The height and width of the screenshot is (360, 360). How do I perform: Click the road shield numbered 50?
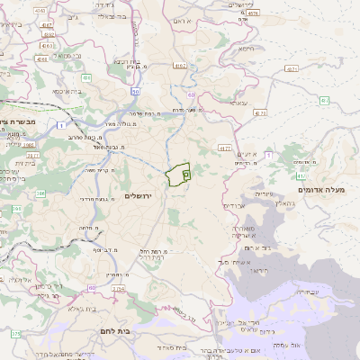(135, 92)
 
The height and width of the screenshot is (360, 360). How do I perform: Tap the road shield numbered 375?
(15, 335)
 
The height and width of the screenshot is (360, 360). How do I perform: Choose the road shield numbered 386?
(41, 192)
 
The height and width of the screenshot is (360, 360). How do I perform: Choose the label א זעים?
(248, 155)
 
